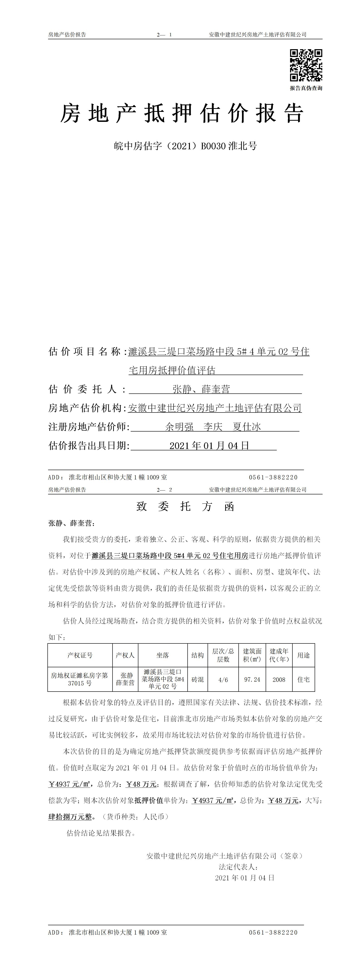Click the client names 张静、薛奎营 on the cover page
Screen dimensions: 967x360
(201, 389)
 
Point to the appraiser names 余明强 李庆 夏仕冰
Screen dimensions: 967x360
(213, 427)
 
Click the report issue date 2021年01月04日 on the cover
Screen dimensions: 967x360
(209, 446)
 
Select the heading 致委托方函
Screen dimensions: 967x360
(185, 507)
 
